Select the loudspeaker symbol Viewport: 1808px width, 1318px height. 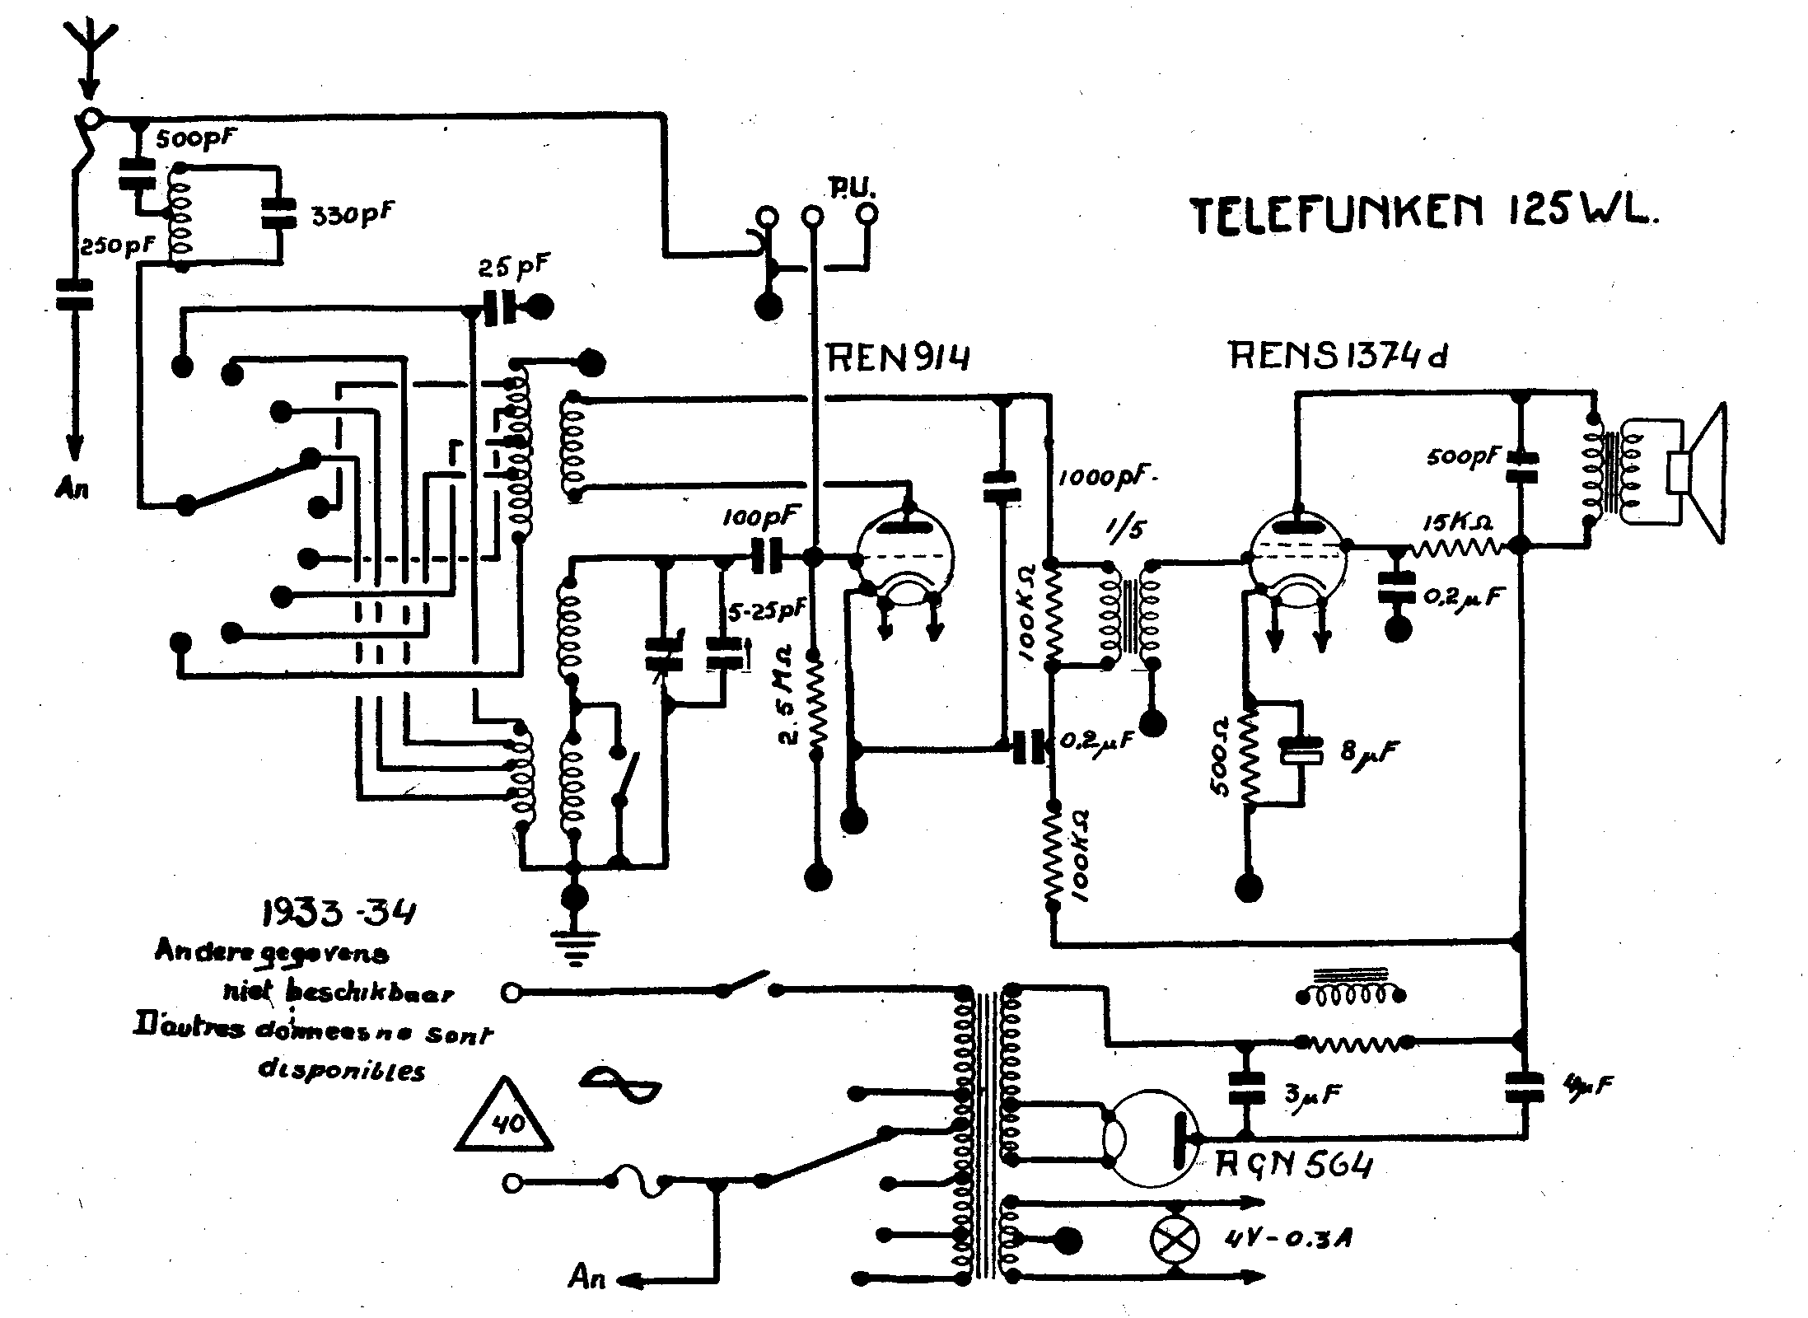point(1697,474)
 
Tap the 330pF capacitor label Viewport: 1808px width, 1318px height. point(351,215)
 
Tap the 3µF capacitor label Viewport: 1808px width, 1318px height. point(1313,1094)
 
